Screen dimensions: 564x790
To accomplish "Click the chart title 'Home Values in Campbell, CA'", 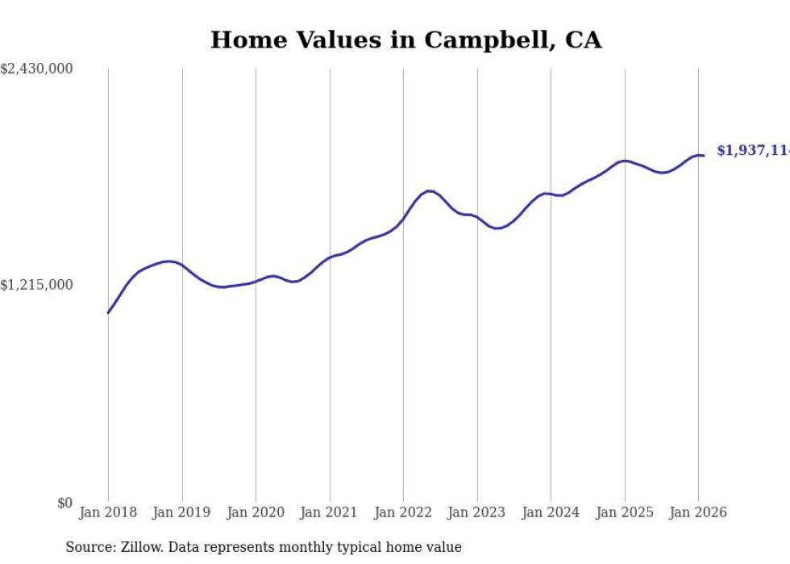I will (405, 40).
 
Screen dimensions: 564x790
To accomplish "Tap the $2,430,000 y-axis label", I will (36, 69).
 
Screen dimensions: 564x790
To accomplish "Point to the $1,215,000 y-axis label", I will (36, 285).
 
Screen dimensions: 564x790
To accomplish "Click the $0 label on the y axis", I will (64, 503).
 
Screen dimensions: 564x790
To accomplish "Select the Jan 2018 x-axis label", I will (108, 512).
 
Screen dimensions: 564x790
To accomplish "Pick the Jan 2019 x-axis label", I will (181, 512).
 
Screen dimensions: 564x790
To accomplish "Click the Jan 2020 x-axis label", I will (256, 512).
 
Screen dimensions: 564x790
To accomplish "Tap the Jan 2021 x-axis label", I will (329, 512).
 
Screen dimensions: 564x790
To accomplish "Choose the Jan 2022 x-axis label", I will (403, 512).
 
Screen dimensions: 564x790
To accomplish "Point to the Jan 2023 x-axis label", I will (476, 512).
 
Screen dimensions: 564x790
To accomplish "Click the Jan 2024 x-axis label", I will (551, 512).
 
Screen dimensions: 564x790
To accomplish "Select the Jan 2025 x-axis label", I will (624, 512).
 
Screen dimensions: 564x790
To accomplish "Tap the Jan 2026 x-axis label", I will (698, 512).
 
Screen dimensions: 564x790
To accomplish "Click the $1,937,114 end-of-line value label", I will (753, 151).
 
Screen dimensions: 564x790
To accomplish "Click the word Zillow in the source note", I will (139, 548).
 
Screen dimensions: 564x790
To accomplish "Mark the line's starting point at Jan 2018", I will (108, 312).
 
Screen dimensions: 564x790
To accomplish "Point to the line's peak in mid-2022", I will (429, 191).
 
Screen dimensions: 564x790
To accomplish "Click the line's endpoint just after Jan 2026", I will (704, 156).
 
